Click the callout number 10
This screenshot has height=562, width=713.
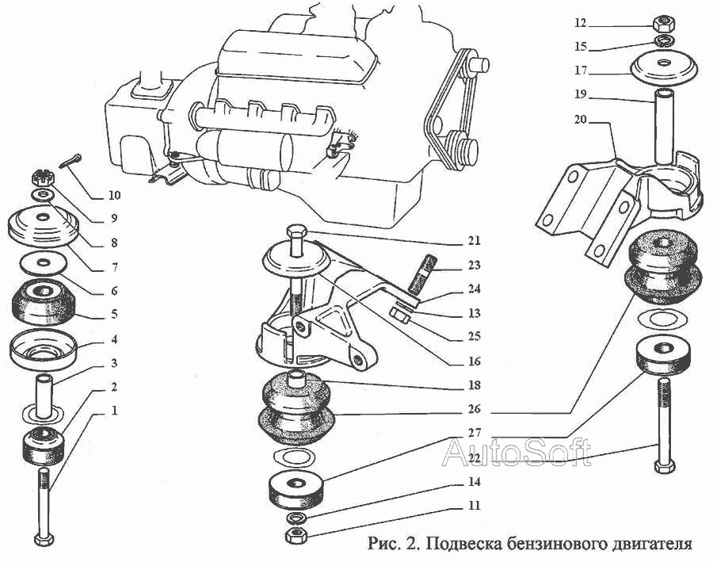coord(115,195)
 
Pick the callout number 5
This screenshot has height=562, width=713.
coord(115,315)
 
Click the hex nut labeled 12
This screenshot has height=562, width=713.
coord(662,23)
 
